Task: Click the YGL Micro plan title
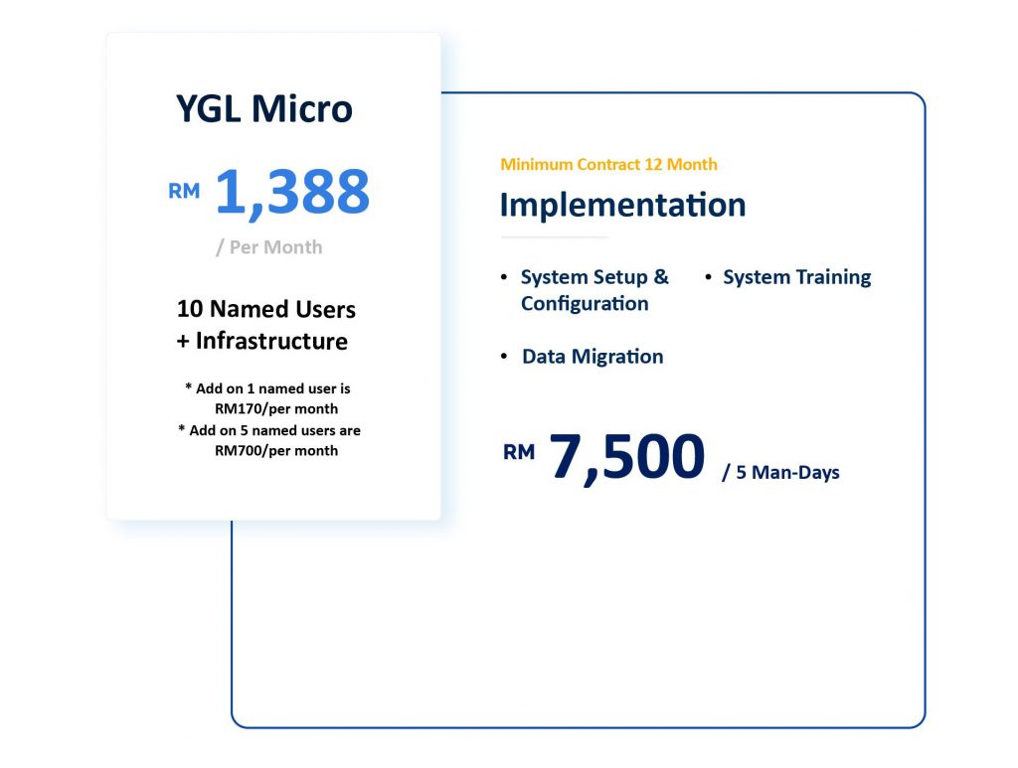pyautogui.click(x=264, y=108)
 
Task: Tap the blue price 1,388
pyautogui.click(x=292, y=193)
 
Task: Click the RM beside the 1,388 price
pyautogui.click(x=184, y=192)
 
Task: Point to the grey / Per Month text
pyautogui.click(x=268, y=247)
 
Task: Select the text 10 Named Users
pyautogui.click(x=266, y=309)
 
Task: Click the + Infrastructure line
pyautogui.click(x=262, y=341)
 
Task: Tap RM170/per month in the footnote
pyautogui.click(x=276, y=408)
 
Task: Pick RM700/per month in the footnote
pyautogui.click(x=276, y=451)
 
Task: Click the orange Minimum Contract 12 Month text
pyautogui.click(x=609, y=165)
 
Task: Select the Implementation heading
pyautogui.click(x=622, y=205)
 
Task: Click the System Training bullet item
pyautogui.click(x=796, y=277)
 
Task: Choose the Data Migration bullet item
pyautogui.click(x=593, y=356)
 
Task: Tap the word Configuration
pyautogui.click(x=585, y=304)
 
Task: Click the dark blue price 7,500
pyautogui.click(x=627, y=457)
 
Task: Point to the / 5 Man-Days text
pyautogui.click(x=781, y=472)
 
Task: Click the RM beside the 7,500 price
pyautogui.click(x=519, y=452)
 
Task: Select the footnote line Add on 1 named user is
pyautogui.click(x=267, y=388)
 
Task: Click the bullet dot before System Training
pyautogui.click(x=708, y=277)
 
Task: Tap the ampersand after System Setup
pyautogui.click(x=661, y=277)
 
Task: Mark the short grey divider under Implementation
pyautogui.click(x=555, y=237)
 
